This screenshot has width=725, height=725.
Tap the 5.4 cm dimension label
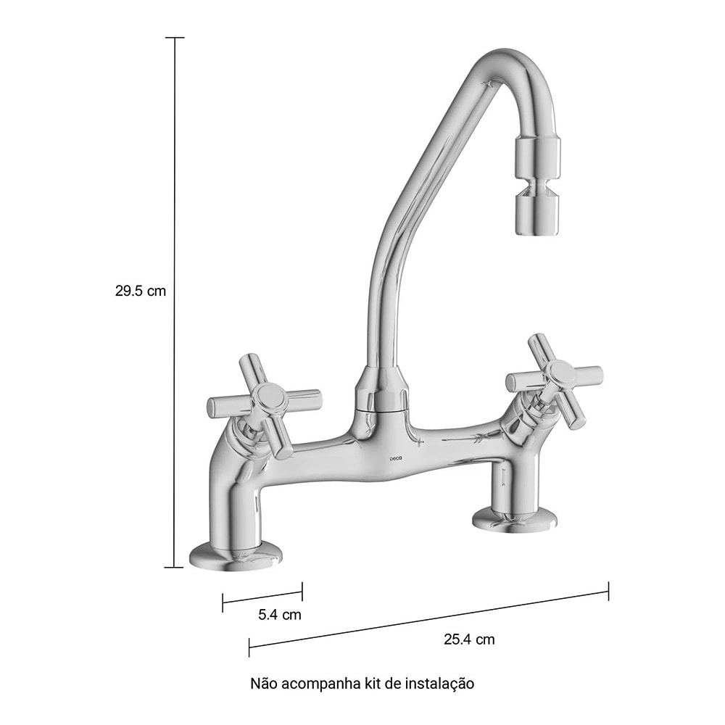click(x=279, y=615)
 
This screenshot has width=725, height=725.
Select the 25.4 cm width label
click(x=469, y=639)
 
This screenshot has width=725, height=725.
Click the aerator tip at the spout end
click(x=538, y=215)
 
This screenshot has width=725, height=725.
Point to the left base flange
click(x=235, y=556)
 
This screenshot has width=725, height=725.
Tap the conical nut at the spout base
click(x=381, y=391)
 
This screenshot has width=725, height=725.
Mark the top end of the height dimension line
click(x=175, y=38)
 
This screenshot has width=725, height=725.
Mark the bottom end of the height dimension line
click(x=175, y=567)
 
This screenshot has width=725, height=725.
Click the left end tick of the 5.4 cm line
click(x=223, y=600)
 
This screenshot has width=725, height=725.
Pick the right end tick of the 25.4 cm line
click(x=608, y=591)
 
